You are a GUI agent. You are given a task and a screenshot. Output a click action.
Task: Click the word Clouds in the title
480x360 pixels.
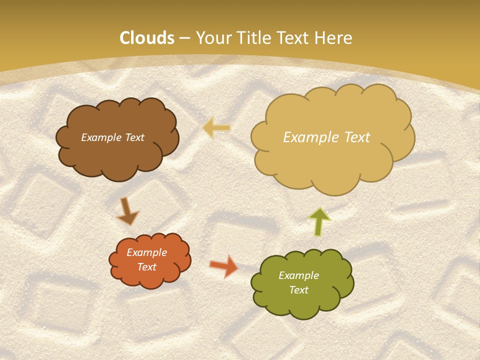(147, 38)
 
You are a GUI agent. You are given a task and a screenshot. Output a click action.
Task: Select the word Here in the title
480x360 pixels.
(334, 38)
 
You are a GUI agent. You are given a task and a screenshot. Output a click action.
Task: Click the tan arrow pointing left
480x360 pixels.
(216, 128)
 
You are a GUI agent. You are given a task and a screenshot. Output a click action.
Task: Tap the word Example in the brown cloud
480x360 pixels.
(100, 137)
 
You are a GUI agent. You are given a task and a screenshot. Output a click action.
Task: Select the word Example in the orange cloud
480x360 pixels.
(146, 253)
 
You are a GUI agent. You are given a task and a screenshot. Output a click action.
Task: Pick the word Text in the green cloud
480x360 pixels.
(298, 290)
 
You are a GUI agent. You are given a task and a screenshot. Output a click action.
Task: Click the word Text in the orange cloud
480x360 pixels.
(146, 267)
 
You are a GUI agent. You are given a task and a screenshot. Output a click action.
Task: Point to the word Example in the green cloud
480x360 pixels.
(298, 275)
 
